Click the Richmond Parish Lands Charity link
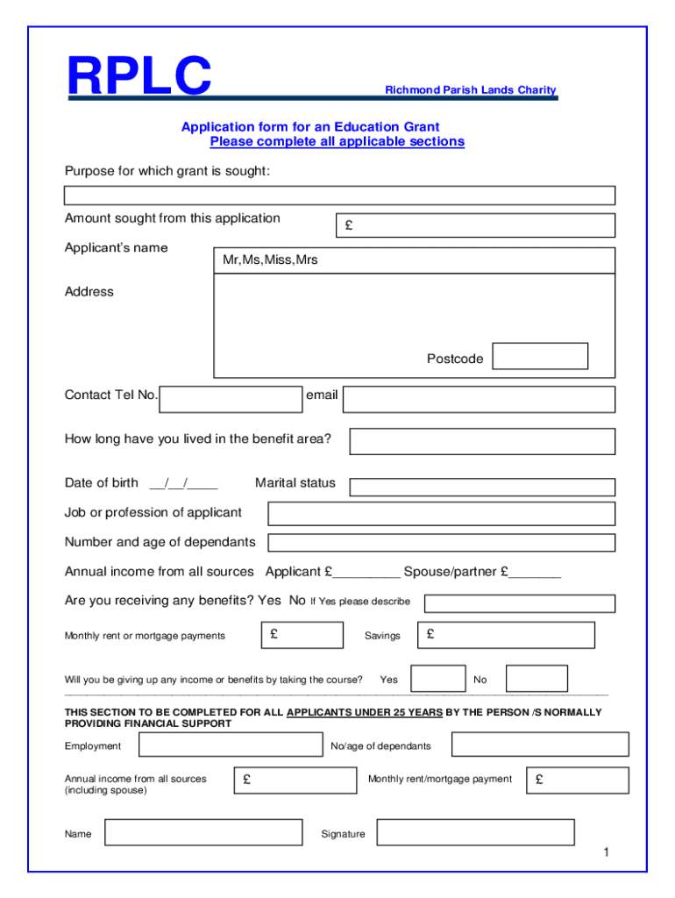click(x=471, y=90)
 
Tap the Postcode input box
click(x=539, y=357)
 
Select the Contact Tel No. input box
click(x=231, y=399)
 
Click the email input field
click(x=479, y=400)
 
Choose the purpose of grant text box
click(x=339, y=196)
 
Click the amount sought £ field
click(x=475, y=226)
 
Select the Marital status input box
click(x=482, y=487)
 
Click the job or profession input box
click(x=441, y=513)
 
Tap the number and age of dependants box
click(x=441, y=543)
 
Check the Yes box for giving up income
click(x=438, y=679)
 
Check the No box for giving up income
click(x=536, y=679)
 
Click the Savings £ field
click(x=507, y=635)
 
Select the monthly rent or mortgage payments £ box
click(x=302, y=635)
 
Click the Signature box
click(x=475, y=832)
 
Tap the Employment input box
click(x=231, y=745)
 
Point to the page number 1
click(x=605, y=853)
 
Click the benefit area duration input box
click(x=482, y=441)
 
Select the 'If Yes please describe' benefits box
click(x=519, y=603)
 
